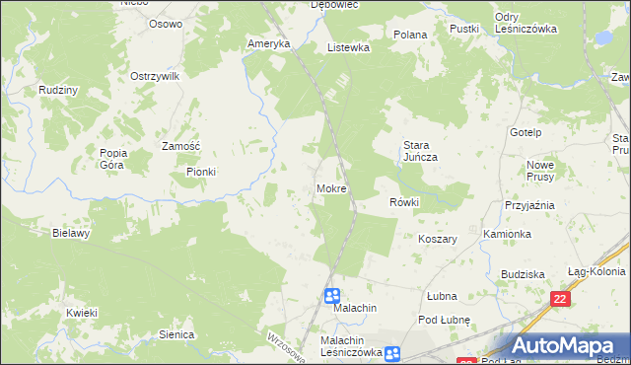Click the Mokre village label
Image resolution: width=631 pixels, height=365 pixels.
coord(331,187)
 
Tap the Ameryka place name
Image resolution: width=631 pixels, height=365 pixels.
coord(269,44)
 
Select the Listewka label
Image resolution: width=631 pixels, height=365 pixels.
coord(348,47)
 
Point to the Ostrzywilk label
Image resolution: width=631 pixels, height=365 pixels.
coord(154,76)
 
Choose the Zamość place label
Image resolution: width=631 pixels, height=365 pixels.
coord(181,146)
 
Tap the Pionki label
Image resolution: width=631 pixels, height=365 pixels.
coord(201,172)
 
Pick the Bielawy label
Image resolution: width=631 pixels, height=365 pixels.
coord(72,234)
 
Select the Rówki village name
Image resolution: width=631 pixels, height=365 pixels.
coord(404,202)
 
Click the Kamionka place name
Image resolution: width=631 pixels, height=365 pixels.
coord(508,234)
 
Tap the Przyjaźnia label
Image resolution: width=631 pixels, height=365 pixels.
coord(529,205)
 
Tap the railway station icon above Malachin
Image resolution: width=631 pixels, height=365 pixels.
coord(332,295)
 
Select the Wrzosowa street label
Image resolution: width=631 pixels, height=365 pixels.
coord(280,346)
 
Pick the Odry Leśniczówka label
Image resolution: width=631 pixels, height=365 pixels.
coord(526,23)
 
